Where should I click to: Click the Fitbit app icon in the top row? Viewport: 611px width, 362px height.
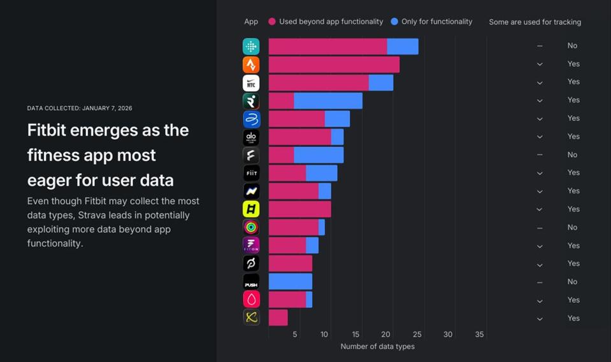pos(251,46)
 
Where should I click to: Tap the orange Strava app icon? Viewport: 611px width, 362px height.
pos(251,64)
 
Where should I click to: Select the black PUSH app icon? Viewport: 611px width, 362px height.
pos(251,282)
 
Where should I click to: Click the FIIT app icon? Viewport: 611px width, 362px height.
pos(251,173)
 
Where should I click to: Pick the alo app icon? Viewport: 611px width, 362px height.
pos(251,137)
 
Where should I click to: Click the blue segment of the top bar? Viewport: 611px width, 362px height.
pos(403,46)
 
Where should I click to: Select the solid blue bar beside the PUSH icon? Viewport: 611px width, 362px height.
pos(291,282)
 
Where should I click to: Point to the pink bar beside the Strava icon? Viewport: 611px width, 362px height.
pos(334,64)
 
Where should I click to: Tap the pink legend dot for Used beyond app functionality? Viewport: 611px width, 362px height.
pos(272,22)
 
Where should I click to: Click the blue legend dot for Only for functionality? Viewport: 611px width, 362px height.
pos(394,22)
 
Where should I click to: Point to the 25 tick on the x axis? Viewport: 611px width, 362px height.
pos(417,335)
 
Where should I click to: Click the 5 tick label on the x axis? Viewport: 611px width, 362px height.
pos(295,335)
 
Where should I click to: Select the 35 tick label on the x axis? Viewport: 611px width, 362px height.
pos(479,335)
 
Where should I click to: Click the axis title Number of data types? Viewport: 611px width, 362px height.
pos(377,347)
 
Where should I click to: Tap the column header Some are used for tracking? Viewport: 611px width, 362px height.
pos(535,22)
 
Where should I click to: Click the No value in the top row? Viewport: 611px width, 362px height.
pos(572,46)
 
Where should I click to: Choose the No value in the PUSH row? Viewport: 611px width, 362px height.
pos(572,282)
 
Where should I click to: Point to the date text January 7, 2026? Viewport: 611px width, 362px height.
pos(108,109)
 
